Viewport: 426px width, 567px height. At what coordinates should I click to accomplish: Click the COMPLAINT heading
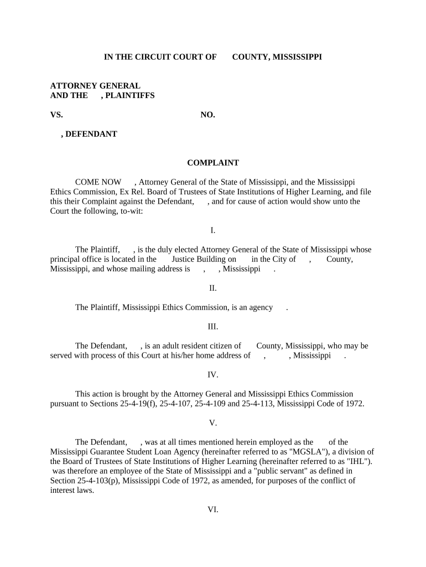[213, 163]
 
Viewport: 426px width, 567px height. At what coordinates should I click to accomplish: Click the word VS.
[56, 115]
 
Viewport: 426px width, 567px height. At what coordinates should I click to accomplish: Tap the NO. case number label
[207, 115]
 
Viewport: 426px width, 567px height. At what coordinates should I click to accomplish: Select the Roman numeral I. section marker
[213, 230]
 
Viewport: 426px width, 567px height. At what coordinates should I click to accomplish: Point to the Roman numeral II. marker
[213, 288]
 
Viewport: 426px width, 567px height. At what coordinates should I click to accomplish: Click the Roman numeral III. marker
[213, 327]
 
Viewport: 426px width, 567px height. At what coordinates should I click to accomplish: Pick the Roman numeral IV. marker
[213, 375]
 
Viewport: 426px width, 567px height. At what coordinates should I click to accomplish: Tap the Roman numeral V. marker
[213, 423]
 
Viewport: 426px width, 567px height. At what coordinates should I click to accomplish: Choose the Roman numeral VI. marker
[213, 509]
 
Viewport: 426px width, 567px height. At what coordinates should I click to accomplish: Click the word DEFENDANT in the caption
[91, 134]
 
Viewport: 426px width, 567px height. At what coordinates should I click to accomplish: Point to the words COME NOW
[98, 182]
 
